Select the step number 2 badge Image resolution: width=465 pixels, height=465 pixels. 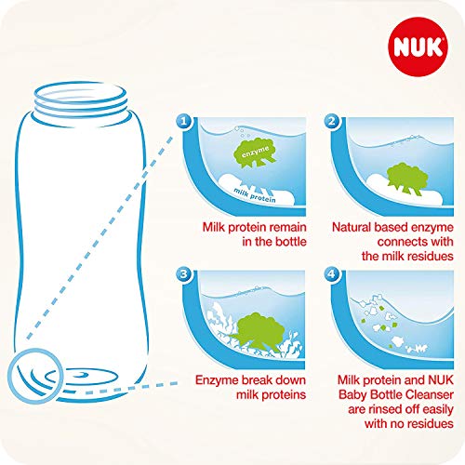click(x=332, y=120)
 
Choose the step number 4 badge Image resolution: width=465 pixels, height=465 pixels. click(x=332, y=275)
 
